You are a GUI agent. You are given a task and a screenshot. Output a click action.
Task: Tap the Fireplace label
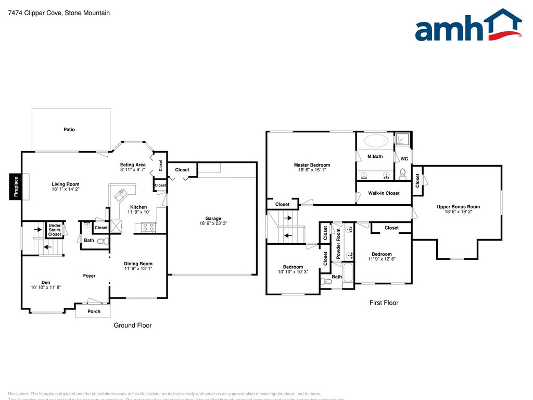click(16, 187)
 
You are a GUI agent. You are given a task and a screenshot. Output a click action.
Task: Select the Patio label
click(69, 129)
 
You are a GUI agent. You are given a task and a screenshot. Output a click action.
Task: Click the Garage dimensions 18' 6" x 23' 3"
click(213, 223)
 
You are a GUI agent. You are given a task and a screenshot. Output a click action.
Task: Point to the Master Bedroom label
click(312, 165)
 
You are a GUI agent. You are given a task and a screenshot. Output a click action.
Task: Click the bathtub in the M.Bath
click(376, 141)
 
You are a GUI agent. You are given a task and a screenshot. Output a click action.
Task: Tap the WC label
click(404, 158)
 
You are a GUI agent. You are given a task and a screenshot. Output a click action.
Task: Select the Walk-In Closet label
click(384, 193)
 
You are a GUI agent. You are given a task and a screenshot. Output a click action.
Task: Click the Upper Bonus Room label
click(458, 207)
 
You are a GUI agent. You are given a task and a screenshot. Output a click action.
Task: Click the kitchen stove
click(148, 227)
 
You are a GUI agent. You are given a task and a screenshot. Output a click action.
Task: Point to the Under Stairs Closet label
click(55, 230)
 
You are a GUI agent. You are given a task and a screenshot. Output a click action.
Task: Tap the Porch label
click(94, 311)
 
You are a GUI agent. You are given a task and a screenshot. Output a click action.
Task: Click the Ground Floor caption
click(133, 325)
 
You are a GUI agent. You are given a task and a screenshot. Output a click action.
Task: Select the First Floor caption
click(384, 303)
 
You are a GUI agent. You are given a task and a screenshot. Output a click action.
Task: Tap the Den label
click(46, 282)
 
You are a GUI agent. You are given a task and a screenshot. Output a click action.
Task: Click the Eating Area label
click(133, 165)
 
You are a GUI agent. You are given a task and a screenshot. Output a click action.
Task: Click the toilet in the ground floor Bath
click(101, 241)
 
